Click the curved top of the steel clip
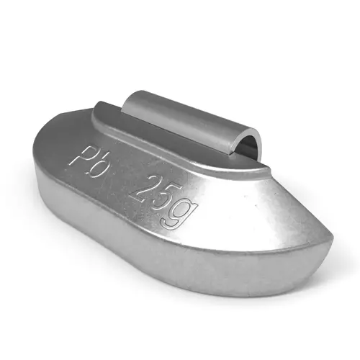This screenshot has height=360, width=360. pos(192,110)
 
